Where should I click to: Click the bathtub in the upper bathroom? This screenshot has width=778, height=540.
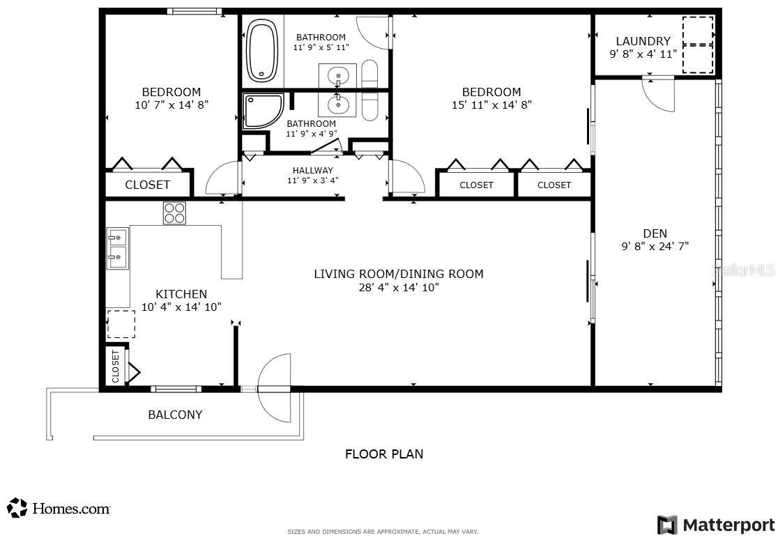coord(262,52)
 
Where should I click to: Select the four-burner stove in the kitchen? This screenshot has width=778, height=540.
coord(174,213)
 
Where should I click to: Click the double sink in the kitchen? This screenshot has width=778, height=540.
coord(117,248)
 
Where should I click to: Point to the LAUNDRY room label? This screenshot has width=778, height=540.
coord(643,41)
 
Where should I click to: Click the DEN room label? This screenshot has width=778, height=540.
coord(655,233)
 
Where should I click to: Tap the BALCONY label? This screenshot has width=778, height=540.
coord(175,415)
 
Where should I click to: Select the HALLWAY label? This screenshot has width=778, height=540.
coord(312,170)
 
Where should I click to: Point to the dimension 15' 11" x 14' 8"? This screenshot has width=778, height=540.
coord(491,105)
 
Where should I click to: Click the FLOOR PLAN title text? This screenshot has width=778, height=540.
coord(384,454)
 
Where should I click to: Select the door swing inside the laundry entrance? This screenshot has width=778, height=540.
coord(659,95)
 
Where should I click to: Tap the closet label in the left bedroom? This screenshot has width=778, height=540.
coord(147,185)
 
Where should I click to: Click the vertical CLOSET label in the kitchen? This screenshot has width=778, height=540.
coord(116,366)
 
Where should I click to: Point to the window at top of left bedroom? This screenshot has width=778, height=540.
coord(194,11)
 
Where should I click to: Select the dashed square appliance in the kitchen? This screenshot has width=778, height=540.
coord(121,324)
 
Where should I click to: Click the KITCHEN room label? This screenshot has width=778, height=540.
coord(181,294)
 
